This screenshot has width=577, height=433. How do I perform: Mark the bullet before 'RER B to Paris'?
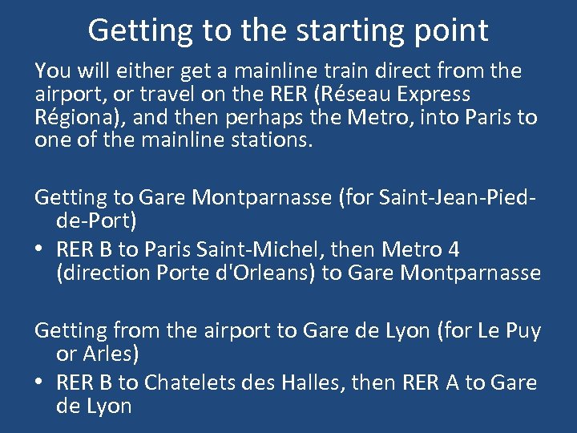pyautogui.click(x=40, y=250)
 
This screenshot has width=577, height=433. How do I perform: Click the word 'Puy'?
pyautogui.click(x=523, y=330)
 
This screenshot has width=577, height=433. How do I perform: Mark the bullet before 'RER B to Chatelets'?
pyautogui.click(x=40, y=383)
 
